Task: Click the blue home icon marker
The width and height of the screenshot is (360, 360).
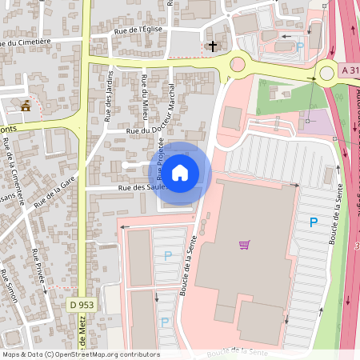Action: [180, 172]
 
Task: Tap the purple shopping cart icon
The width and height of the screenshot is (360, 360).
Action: [245, 244]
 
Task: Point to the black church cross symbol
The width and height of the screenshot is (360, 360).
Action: [213, 46]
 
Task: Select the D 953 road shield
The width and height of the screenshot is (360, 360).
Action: [81, 305]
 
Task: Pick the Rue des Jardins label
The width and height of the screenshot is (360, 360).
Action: [109, 97]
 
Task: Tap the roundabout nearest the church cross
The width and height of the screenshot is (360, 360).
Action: [238, 65]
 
